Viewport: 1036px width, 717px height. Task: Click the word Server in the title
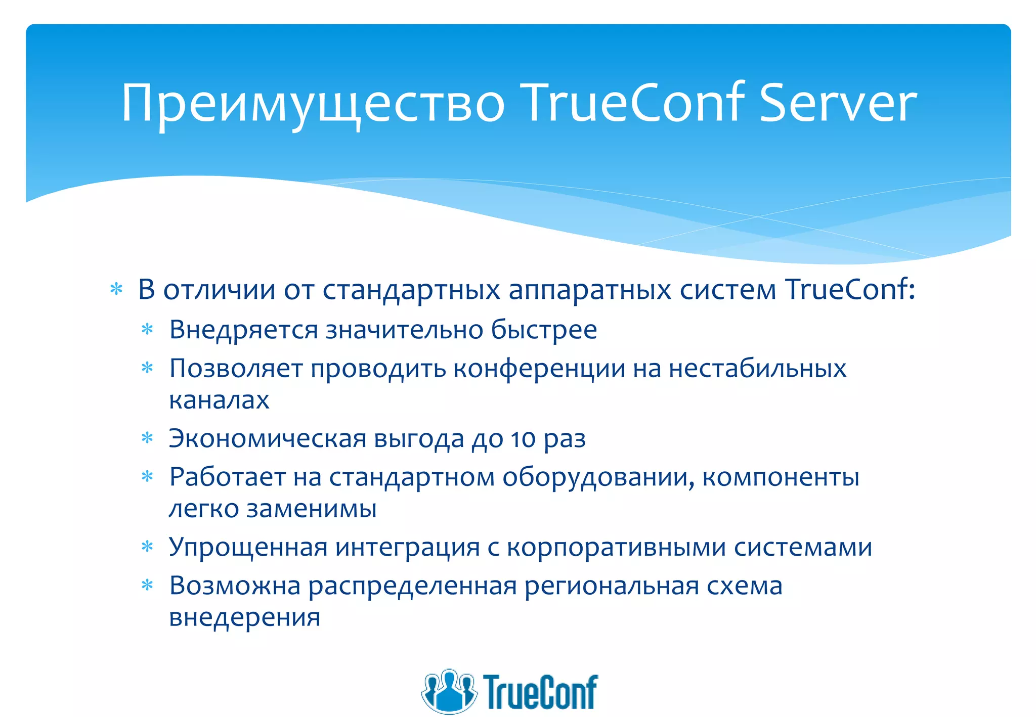838,104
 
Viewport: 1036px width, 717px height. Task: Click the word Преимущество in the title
313,105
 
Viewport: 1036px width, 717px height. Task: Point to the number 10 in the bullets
523,438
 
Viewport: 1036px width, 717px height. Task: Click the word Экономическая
267,438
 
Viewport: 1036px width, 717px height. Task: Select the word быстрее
544,330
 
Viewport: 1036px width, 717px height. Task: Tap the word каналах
219,400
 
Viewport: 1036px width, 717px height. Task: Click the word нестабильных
757,369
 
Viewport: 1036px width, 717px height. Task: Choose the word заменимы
311,509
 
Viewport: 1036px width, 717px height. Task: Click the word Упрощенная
248,548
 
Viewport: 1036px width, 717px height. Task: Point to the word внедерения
245,617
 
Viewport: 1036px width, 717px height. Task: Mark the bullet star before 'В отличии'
117,290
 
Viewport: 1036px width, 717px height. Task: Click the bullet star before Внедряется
147,330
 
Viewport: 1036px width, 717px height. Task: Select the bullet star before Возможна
147,586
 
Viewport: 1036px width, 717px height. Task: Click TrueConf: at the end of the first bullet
850,290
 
